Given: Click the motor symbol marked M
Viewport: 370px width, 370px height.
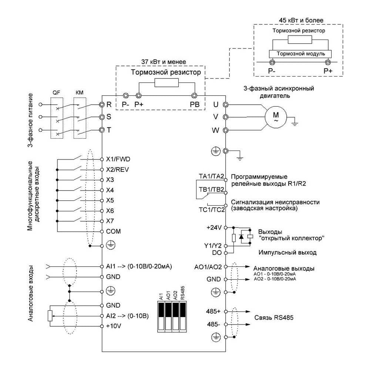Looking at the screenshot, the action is pos(276,117).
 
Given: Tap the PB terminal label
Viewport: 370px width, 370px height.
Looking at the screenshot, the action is pos(195,105).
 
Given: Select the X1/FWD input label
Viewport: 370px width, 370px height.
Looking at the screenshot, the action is pos(118,159).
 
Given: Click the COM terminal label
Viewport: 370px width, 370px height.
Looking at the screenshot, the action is pos(113,231).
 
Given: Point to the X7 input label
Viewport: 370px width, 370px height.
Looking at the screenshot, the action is pos(110,221).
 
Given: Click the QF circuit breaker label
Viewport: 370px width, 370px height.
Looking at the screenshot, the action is pos(56,92).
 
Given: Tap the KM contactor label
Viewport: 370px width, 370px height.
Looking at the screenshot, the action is pos(80,92).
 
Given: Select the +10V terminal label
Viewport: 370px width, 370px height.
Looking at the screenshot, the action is pos(114,326).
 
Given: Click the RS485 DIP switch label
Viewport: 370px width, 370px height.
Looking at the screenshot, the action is pos(183,293).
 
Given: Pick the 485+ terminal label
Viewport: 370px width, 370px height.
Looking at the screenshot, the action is pos(213,312).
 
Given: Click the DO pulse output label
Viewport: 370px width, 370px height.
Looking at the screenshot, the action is pos(217,253).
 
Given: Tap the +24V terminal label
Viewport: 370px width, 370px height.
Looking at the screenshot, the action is pos(214,228).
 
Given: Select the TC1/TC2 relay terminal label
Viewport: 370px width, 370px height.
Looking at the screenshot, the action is pos(212,209).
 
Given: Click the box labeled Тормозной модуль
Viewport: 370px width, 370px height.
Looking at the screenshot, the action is pos(300,54).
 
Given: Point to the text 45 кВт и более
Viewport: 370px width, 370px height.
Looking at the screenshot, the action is pos(301,20).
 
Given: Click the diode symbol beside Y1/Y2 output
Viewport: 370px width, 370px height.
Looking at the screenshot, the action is pos(241,236).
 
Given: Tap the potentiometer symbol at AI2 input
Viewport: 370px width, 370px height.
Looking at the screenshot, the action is pos(50,316).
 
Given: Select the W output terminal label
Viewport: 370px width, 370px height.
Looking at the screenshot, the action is pos(215,130).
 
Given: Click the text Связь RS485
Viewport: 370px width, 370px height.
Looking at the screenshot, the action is pos(274,317).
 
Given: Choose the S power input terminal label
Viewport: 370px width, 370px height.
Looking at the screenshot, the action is pos(109,117).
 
